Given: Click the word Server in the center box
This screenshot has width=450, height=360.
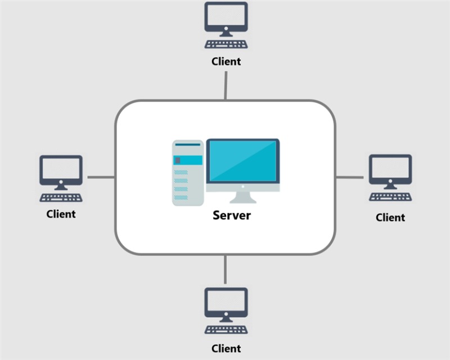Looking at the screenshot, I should point(232,215).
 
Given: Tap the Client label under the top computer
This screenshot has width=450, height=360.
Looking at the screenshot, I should point(226,61).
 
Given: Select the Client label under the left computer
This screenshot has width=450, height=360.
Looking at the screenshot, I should point(61,214).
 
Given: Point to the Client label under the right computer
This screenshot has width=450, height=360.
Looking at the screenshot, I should point(390,217).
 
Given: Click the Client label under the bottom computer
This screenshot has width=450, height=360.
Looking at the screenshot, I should point(226,349).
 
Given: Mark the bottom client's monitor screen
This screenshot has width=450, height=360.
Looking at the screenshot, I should point(226,303).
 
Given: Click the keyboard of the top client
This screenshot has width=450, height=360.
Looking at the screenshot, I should point(226,44).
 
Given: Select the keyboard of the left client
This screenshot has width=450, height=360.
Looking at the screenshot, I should point(61,197).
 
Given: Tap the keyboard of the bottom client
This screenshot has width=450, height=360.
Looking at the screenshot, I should point(226,330).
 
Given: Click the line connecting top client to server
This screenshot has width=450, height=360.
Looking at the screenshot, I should point(226,85).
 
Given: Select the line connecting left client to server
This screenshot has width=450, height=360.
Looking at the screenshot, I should point(101,177).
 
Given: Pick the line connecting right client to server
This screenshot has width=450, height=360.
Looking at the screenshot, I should point(349,177).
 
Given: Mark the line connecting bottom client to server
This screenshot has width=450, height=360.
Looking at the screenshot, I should point(226,269).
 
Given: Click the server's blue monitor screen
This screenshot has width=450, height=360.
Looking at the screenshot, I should point(242,161).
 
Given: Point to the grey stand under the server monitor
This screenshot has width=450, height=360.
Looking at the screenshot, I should point(242,197).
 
